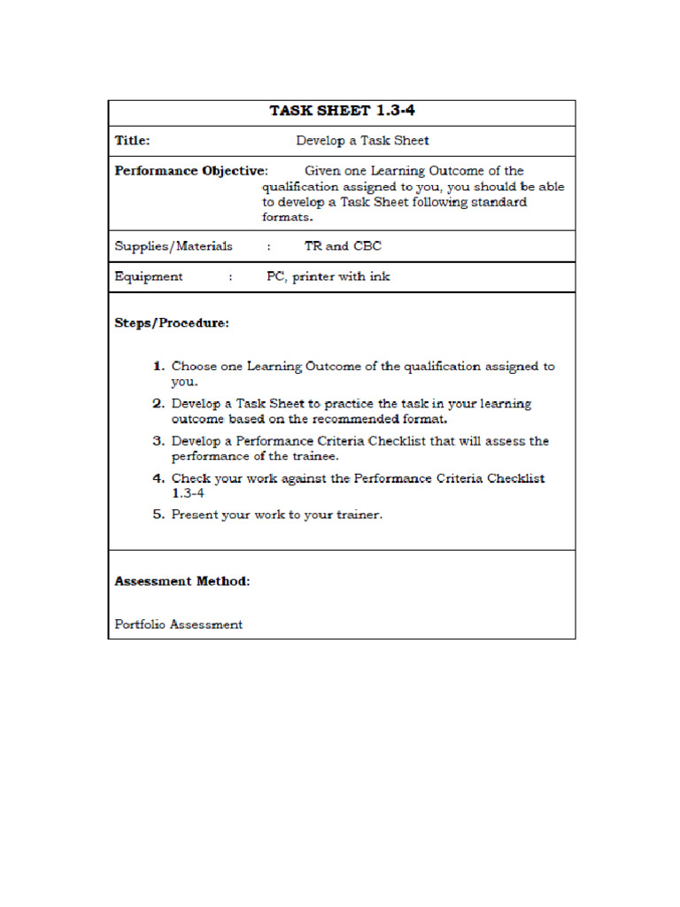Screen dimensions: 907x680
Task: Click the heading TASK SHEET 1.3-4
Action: pyautogui.click(x=342, y=112)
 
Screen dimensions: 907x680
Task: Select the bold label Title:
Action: pyautogui.click(x=132, y=141)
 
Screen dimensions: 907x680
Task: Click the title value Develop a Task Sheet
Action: pyautogui.click(x=362, y=141)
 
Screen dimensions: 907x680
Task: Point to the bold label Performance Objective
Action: pyautogui.click(x=189, y=171)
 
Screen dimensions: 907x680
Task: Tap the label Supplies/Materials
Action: pyautogui.click(x=174, y=246)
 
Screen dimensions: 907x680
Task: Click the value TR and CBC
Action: pyautogui.click(x=343, y=246)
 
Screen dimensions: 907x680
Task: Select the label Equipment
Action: pyautogui.click(x=149, y=276)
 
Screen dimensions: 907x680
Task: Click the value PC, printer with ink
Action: pyautogui.click(x=328, y=276)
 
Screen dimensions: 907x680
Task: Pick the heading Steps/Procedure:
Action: pyautogui.click(x=172, y=323)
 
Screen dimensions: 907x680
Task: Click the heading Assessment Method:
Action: pyautogui.click(x=182, y=582)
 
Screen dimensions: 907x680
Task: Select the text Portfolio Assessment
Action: pyautogui.click(x=179, y=624)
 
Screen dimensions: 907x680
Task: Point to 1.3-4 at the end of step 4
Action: pyautogui.click(x=188, y=493)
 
